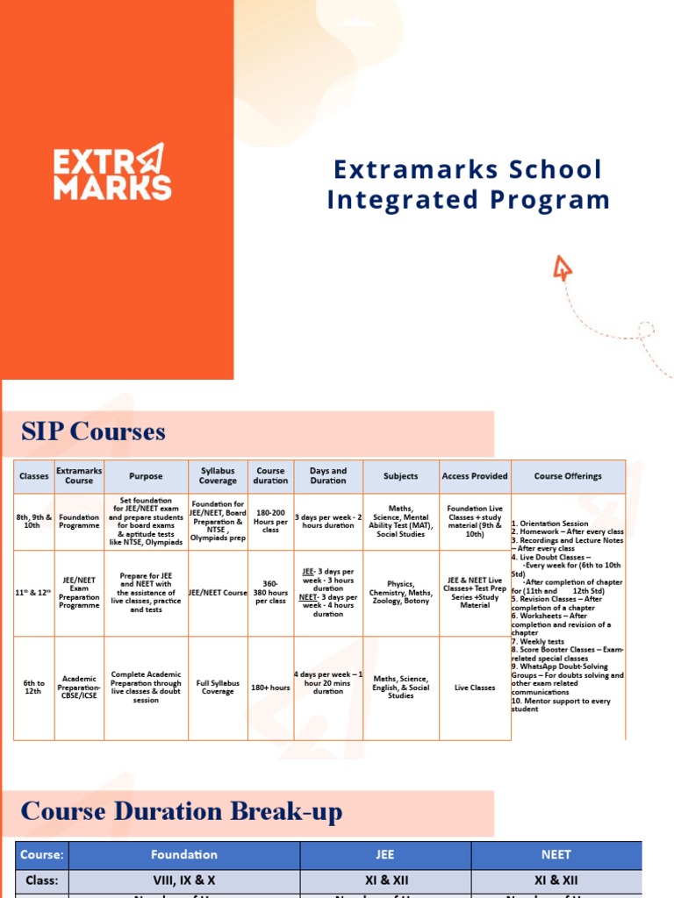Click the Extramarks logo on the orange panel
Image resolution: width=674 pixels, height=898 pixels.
pos(111,172)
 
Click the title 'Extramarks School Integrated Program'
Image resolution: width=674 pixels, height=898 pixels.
pos(468,185)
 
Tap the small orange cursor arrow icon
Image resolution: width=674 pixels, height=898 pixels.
pos(563,267)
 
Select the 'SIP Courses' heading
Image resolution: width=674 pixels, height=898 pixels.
pos(93,431)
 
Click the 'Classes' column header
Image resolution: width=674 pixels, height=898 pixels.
pos(34,476)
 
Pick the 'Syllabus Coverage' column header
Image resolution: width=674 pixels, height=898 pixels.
pos(218,476)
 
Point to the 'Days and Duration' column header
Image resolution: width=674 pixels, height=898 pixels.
pos(328,476)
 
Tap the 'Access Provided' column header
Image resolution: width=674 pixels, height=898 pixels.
pos(475,476)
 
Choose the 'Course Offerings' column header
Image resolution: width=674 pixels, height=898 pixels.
pos(568,476)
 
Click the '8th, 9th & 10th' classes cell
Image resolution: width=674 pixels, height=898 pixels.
pos(34,522)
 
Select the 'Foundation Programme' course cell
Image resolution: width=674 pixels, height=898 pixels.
pos(79,522)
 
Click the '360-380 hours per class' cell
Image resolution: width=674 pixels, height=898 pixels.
pos(270,593)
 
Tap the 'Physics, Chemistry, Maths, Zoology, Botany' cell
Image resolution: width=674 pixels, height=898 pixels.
pos(401,593)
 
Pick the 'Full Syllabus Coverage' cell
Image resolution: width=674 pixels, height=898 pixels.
pos(218,688)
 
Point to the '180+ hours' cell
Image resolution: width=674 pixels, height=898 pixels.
pos(270,688)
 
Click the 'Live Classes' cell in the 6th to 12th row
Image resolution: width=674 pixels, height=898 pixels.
pos(475,688)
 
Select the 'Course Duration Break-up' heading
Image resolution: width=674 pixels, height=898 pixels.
pos(182,812)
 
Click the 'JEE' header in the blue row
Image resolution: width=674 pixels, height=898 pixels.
pos(385,854)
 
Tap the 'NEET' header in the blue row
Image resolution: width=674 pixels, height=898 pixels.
pos(556,854)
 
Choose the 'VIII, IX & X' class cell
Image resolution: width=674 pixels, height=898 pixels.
pos(184,880)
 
